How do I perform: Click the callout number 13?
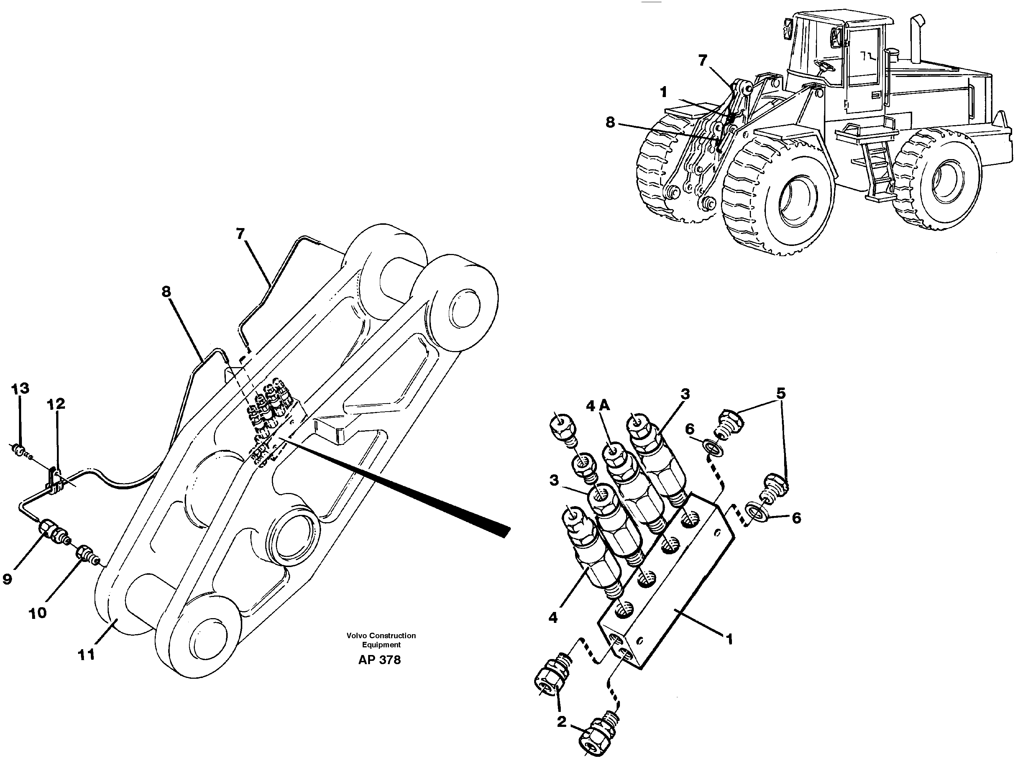coord(20,389)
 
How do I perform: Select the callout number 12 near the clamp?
coord(55,404)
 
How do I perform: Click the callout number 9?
coord(7,579)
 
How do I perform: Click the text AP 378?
coord(379,660)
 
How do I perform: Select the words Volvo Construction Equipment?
coord(381,640)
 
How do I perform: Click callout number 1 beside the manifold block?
coord(729,639)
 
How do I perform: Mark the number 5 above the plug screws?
coord(781,394)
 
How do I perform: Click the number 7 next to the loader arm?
coord(703,60)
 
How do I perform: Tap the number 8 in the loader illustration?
coord(610,122)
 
